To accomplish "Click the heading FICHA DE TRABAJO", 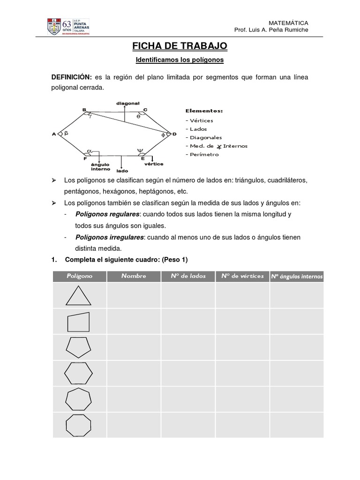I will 180,46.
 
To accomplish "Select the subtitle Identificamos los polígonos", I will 180,60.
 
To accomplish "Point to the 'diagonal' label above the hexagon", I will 128,103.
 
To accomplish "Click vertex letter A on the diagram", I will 54,135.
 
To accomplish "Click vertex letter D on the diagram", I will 174,134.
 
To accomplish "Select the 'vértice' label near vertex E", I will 154,164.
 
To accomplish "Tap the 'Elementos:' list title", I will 204,111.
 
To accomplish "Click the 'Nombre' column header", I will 134,276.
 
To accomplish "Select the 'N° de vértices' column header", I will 242,276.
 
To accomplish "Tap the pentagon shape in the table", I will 78,347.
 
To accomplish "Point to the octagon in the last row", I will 78,425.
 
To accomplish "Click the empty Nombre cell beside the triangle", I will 134,295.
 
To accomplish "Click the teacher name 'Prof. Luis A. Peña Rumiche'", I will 271,30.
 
